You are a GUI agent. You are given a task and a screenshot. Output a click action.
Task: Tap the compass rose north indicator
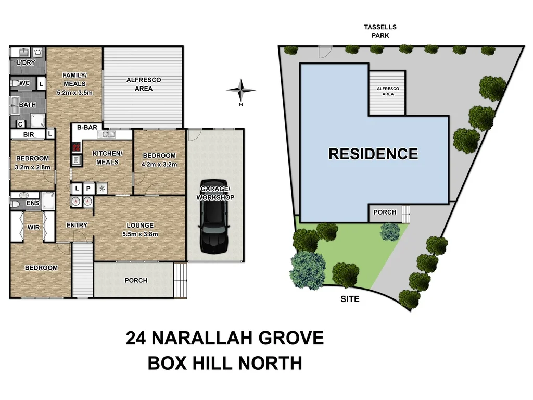coord(241,91)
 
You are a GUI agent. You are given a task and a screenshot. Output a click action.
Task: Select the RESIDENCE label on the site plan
coord(373,154)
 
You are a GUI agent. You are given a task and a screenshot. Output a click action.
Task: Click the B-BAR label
coord(86,128)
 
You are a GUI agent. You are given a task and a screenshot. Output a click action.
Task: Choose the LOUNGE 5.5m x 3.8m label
coord(139,230)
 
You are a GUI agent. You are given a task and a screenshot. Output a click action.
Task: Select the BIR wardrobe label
coord(28,134)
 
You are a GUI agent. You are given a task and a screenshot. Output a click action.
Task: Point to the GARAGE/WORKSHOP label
coord(215,193)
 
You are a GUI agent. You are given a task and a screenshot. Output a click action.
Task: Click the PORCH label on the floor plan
coord(136,281)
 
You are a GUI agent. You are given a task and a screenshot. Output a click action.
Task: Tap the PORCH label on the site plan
coord(385,213)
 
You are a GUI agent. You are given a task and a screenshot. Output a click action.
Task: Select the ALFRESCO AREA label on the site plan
coord(388,92)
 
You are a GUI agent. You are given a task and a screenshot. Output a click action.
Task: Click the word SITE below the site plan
coord(350,299)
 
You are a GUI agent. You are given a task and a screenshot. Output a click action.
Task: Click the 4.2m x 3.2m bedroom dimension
coord(159,165)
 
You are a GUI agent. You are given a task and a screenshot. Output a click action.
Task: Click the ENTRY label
coord(77,225)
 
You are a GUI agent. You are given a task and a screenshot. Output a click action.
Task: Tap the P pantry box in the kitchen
coord(88,189)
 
